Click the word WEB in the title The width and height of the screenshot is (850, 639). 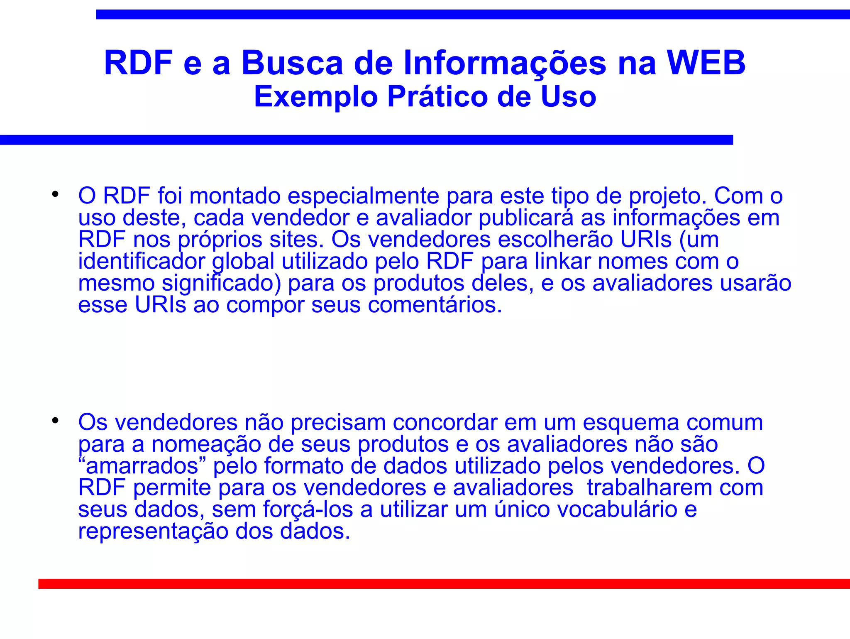click(x=706, y=63)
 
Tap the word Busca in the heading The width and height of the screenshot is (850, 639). click(x=292, y=63)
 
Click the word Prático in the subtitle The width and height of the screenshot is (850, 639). click(x=438, y=97)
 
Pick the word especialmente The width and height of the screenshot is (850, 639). click(x=363, y=196)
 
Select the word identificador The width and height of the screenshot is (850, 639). click(x=142, y=262)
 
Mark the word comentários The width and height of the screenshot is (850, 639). click(x=435, y=305)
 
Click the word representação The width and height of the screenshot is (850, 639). click(x=153, y=531)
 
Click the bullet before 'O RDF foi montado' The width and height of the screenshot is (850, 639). click(x=55, y=194)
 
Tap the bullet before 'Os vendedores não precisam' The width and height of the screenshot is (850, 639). click(x=55, y=421)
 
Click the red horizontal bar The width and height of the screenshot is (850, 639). click(x=444, y=584)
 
